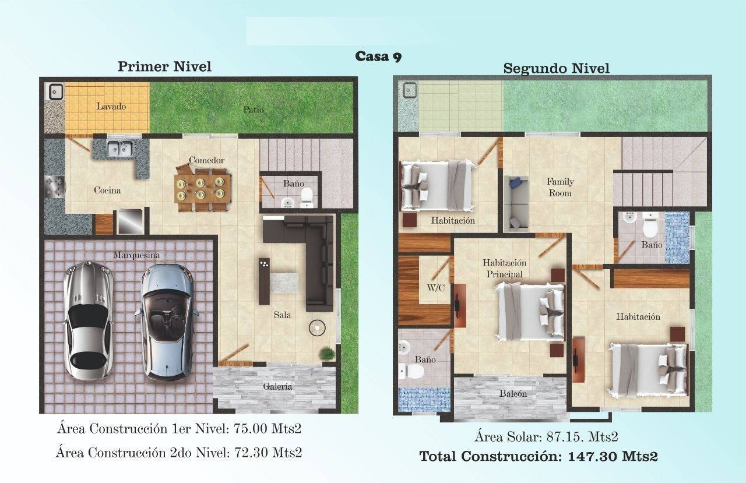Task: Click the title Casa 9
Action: [x=378, y=57]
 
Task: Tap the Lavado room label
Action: [x=111, y=107]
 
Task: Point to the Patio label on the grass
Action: [x=254, y=110]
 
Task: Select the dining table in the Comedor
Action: [x=202, y=188]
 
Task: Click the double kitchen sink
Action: [x=120, y=148]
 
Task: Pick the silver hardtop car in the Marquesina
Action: [x=88, y=320]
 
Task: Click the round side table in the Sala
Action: [x=316, y=328]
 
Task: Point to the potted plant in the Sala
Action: [x=328, y=353]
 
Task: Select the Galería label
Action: [x=277, y=386]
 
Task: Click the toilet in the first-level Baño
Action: [x=307, y=196]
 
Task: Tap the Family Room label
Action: [x=560, y=187]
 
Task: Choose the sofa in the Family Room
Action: [x=516, y=203]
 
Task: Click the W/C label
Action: [x=435, y=288]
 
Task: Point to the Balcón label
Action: [x=513, y=393]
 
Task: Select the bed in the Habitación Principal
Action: [x=530, y=311]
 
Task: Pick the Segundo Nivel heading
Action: [x=556, y=68]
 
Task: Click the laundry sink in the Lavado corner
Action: [x=55, y=91]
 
